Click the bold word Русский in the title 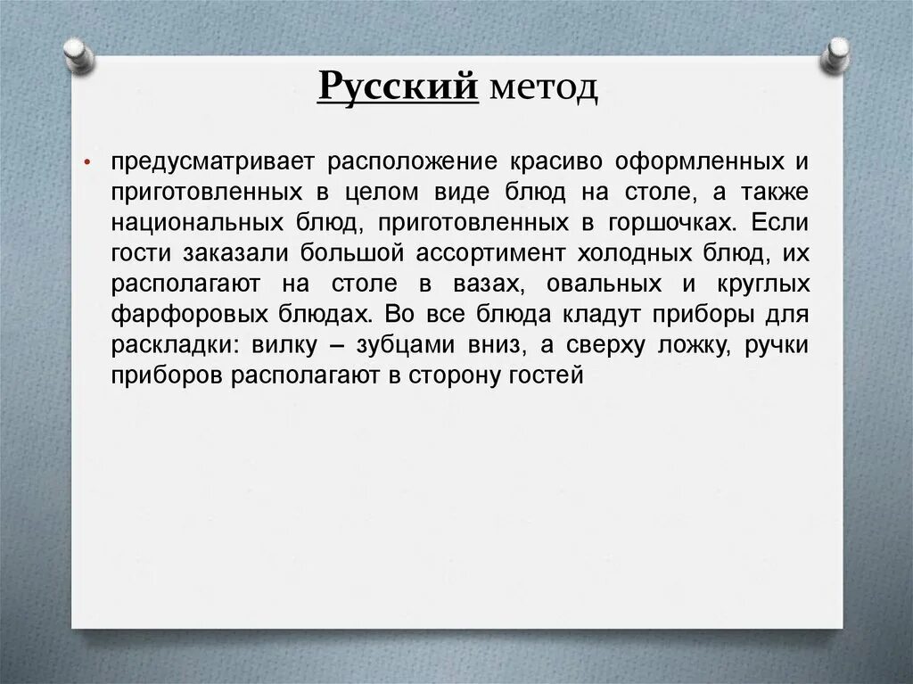pyautogui.click(x=399, y=88)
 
